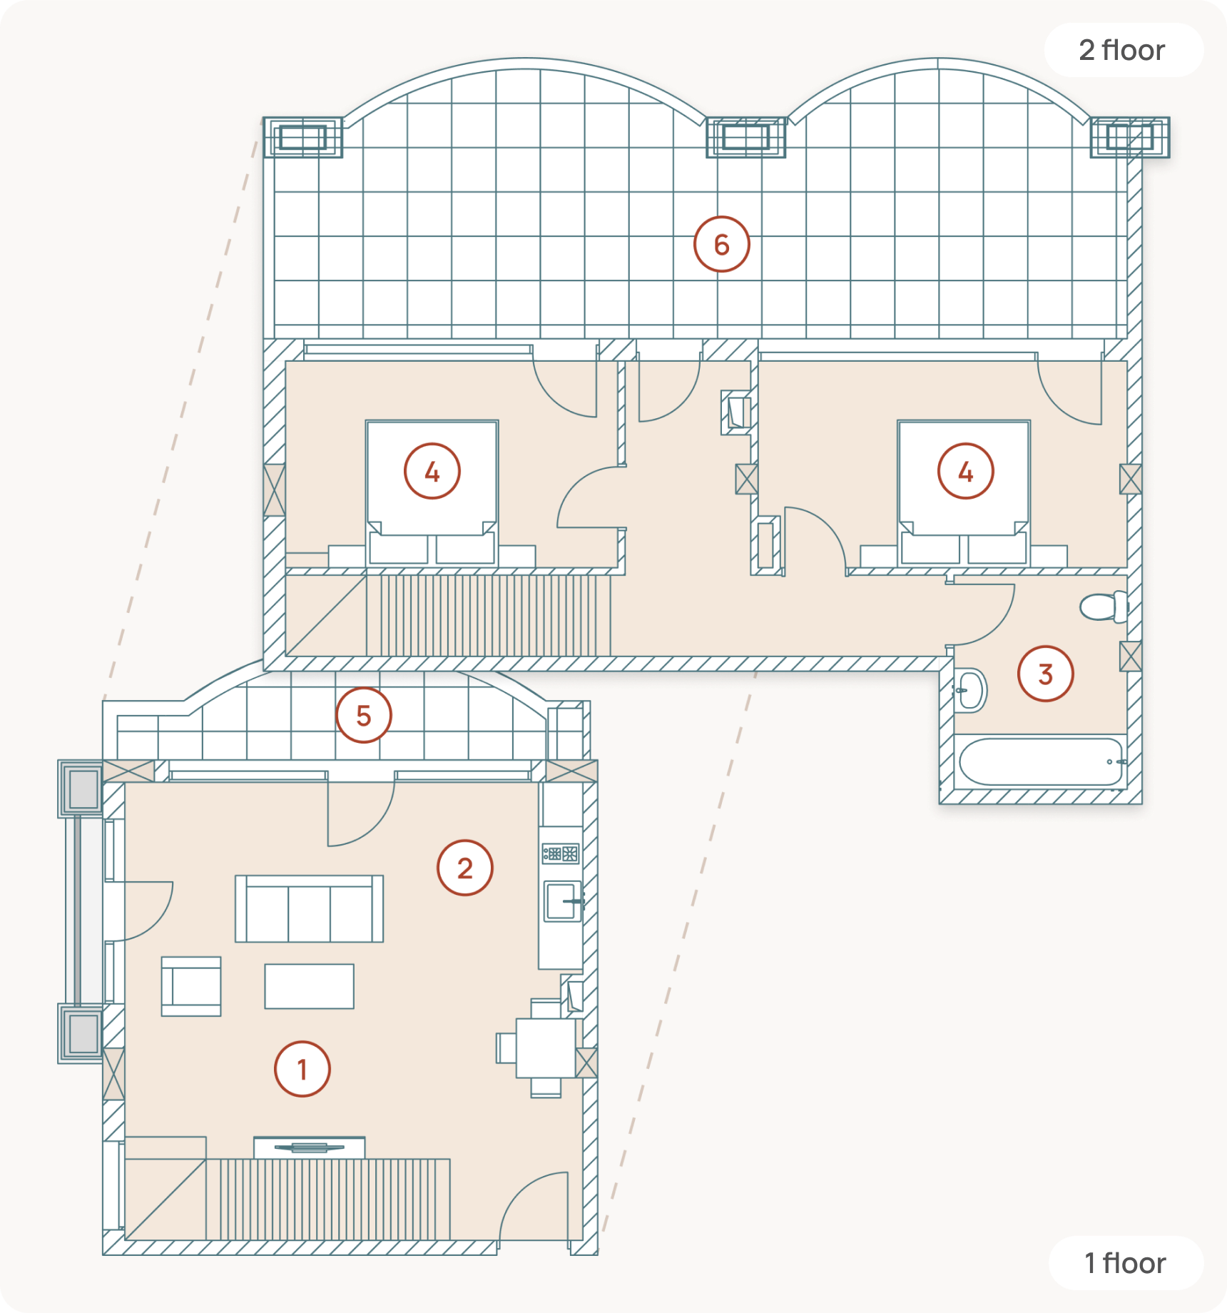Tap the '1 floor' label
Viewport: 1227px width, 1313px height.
[x=1125, y=1263]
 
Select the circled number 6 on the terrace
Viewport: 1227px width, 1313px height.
[x=722, y=245]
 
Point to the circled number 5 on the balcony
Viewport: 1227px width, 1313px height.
[x=364, y=715]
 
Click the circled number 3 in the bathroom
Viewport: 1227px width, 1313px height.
[x=1046, y=674]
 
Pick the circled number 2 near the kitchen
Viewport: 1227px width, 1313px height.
[x=465, y=868]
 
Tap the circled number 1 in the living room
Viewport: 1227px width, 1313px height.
[x=302, y=1069]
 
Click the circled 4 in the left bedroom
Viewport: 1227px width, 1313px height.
[x=432, y=471]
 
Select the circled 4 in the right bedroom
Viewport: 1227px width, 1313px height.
[x=966, y=471]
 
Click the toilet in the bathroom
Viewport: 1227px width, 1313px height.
[x=1104, y=607]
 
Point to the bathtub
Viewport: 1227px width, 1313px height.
[x=1041, y=762]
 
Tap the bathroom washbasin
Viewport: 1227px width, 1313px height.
[x=970, y=691]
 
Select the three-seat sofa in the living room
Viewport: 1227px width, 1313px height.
[x=309, y=908]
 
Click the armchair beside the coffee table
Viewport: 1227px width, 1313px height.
[x=191, y=986]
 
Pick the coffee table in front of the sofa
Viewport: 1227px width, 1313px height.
[x=310, y=986]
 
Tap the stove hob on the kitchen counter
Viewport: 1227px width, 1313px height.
[x=561, y=853]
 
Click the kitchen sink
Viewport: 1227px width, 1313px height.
[x=564, y=901]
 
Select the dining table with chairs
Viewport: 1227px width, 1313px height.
[x=541, y=1048]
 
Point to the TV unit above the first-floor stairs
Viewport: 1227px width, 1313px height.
[x=310, y=1147]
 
